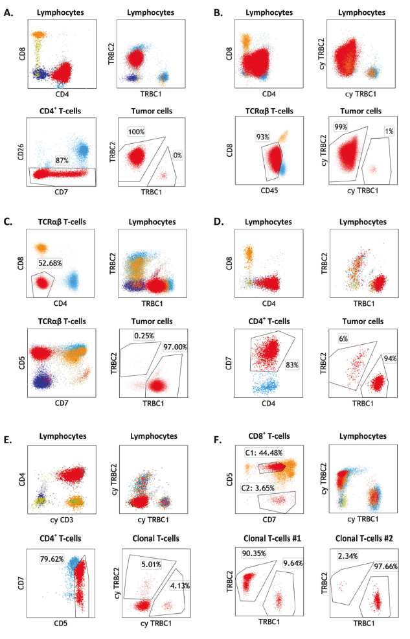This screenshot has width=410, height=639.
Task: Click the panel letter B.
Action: [x=220, y=10]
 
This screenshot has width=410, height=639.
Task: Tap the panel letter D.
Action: [x=220, y=222]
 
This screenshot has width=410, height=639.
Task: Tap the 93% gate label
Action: [x=262, y=137]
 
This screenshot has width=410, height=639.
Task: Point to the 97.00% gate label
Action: [x=175, y=347]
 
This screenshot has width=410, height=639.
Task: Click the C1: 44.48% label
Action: [x=262, y=454]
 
